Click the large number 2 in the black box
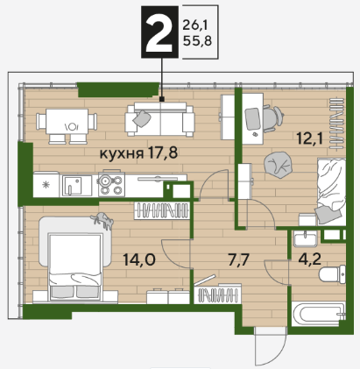pos(159,32)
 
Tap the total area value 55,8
pos(197,41)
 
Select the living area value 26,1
pos(195,25)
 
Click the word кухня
pos(122,153)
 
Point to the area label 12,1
pos(310,138)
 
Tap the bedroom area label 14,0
pos(139,259)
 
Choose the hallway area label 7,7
pos(238,260)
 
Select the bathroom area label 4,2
pos(310,259)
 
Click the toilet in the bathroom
pos(333,274)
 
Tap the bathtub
pos(319,316)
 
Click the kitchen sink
pos(72,186)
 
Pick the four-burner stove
pos(111,183)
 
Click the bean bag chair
pos(279,166)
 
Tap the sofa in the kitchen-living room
pos(159,119)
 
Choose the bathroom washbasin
pos(305,238)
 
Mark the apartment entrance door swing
pos(269,346)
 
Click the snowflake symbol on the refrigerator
pos(46,185)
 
